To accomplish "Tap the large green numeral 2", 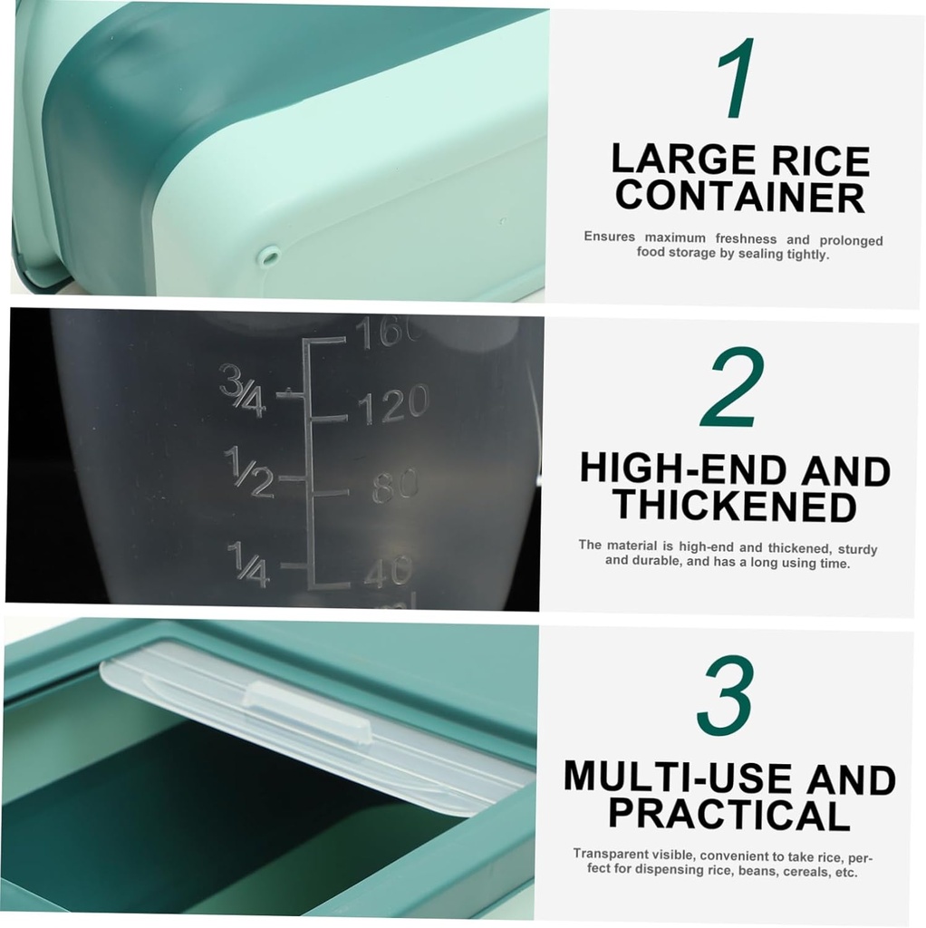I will pyautogui.click(x=732, y=387).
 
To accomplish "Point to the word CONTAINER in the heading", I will pyautogui.click(x=739, y=197).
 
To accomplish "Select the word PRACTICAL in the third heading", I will pyautogui.click(x=728, y=814).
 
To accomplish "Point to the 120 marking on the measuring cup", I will pyautogui.click(x=392, y=404).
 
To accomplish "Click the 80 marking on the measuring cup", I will pyautogui.click(x=395, y=487).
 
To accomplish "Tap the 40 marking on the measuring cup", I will pyautogui.click(x=389, y=572).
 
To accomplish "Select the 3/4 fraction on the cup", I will pyautogui.click(x=242, y=391).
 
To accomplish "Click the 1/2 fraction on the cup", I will pyautogui.click(x=248, y=472).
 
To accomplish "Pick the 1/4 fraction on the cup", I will pyautogui.click(x=247, y=563).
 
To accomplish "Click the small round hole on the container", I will pyautogui.click(x=267, y=256).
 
